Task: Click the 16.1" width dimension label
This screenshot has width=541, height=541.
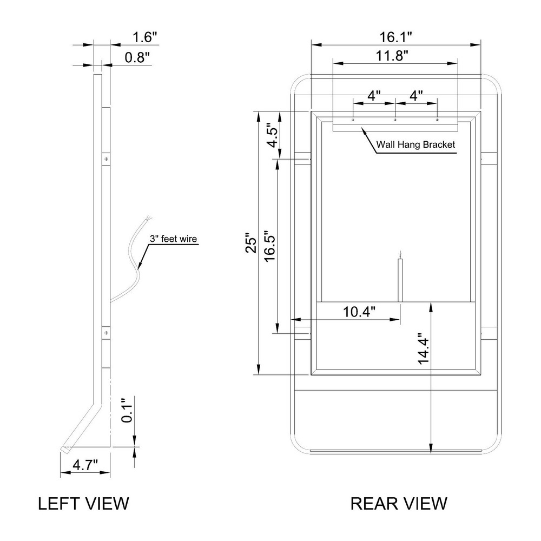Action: (x=396, y=37)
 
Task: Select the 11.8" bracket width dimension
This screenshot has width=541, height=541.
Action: (x=392, y=56)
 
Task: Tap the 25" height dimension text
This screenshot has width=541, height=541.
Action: (x=252, y=245)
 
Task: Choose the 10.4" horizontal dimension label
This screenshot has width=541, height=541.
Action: (x=359, y=312)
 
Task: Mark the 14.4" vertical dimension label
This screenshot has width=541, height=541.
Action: (x=423, y=348)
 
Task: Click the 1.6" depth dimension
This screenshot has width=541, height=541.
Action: (x=145, y=37)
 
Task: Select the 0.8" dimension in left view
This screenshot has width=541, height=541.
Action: (x=137, y=57)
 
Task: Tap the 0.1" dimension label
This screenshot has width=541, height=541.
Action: (x=127, y=410)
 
